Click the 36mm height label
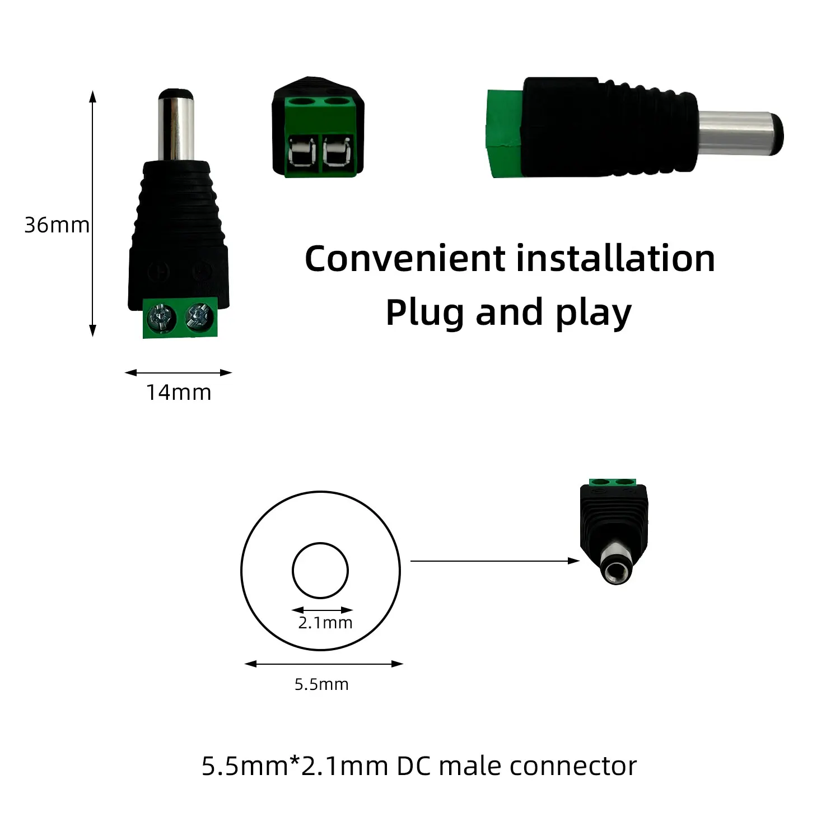(57, 225)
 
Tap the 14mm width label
(179, 393)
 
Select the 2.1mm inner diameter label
(325, 623)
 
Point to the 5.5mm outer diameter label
(321, 684)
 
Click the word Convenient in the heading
(405, 259)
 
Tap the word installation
(615, 259)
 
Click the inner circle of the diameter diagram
(320, 570)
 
